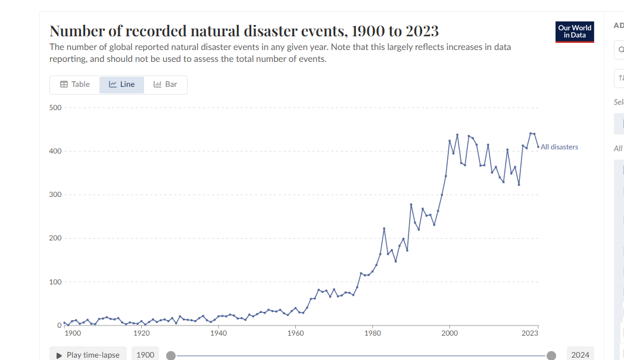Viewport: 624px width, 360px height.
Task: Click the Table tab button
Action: tap(75, 84)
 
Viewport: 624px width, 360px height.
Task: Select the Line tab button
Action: tap(121, 84)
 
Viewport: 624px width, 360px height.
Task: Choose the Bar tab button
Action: tap(165, 84)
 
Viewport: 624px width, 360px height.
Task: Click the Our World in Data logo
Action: tap(574, 32)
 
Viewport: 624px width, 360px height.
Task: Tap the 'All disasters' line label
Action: tap(559, 147)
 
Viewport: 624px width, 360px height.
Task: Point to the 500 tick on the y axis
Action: tap(55, 108)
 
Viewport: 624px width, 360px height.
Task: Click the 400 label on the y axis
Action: tap(55, 151)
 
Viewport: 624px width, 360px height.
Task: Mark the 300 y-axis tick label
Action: tap(55, 195)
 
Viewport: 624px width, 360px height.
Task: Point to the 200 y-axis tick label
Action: tap(55, 238)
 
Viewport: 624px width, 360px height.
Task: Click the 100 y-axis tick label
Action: tap(55, 281)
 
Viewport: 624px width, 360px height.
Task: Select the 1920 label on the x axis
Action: tap(142, 334)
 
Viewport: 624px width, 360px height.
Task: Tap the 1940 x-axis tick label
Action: tap(219, 334)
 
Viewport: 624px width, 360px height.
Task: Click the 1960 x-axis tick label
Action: tap(296, 334)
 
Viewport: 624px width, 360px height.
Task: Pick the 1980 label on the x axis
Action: tap(373, 334)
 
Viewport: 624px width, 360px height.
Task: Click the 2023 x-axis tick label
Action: tap(530, 334)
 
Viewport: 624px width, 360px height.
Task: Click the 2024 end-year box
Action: tap(580, 355)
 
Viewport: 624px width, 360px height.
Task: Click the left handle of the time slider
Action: tap(171, 355)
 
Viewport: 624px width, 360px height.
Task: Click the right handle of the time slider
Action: tap(551, 355)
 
